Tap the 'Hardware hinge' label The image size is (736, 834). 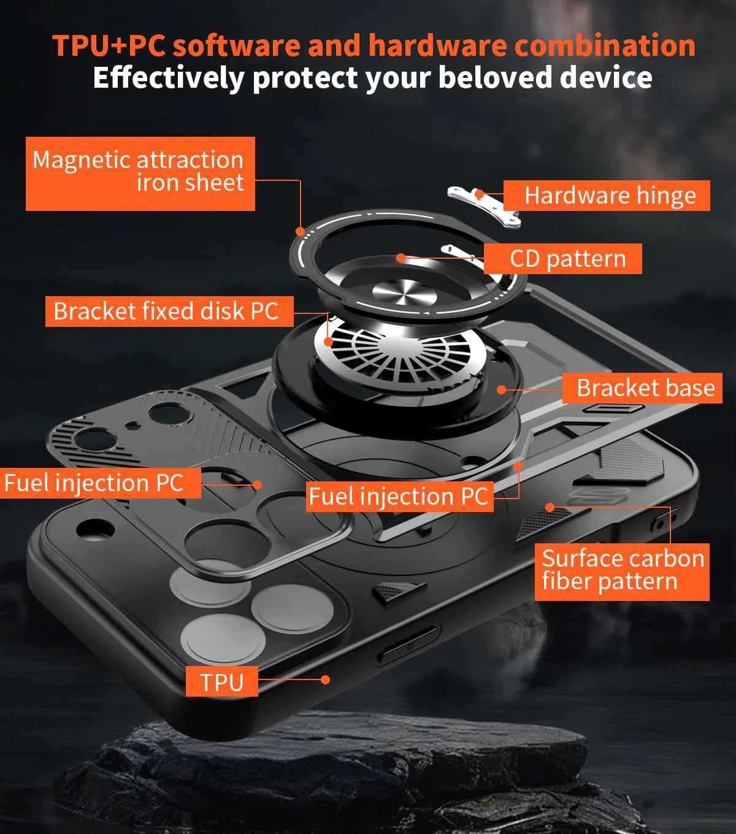[x=609, y=196]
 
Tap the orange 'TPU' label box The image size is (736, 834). [x=221, y=681]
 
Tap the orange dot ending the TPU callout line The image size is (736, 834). [x=326, y=679]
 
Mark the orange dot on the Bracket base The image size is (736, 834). [x=502, y=389]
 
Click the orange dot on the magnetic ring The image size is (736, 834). [x=300, y=232]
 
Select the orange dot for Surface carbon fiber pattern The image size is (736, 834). [x=550, y=507]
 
